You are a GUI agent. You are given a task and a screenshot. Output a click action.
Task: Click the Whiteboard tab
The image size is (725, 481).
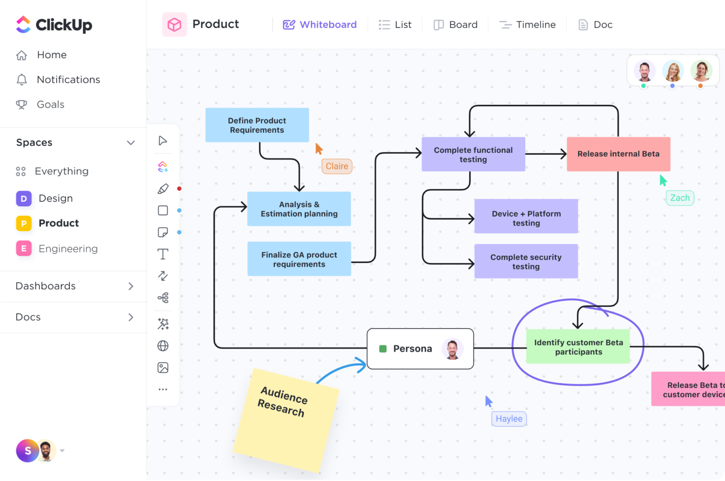click(x=320, y=25)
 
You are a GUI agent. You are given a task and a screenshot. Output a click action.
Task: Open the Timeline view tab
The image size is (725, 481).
click(x=527, y=25)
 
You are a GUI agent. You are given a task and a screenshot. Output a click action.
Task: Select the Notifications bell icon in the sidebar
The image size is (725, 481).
click(x=22, y=80)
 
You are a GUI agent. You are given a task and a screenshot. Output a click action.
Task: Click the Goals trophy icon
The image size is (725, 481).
click(x=22, y=104)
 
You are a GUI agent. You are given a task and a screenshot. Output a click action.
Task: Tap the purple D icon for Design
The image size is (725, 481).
click(x=24, y=199)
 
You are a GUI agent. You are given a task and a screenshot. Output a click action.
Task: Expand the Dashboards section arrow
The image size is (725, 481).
click(x=131, y=287)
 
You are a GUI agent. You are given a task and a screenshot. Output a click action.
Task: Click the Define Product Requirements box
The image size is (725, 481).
click(x=257, y=125)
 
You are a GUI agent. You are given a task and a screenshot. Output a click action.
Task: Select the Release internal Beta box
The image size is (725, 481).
click(x=618, y=154)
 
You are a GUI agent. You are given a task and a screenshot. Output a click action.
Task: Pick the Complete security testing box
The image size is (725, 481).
click(x=526, y=262)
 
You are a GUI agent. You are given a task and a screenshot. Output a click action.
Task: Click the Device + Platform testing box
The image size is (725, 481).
click(x=526, y=218)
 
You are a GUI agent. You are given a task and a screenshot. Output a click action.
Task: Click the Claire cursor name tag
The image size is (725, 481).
click(x=337, y=166)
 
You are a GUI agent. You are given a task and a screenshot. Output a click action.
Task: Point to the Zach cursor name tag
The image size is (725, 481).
click(x=680, y=198)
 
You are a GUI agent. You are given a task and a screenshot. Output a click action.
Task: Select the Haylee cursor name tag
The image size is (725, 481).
click(x=509, y=419)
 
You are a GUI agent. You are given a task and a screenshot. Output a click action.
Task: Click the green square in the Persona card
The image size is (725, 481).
click(x=383, y=349)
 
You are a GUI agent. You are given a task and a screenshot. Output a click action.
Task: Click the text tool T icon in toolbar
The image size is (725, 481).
click(x=163, y=254)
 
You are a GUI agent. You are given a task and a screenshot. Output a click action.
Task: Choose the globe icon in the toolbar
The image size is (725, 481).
click(x=163, y=346)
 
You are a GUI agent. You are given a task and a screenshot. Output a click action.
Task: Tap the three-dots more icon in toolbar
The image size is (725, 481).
click(x=163, y=389)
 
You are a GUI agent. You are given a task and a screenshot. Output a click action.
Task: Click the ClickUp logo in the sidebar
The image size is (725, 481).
click(x=54, y=25)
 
